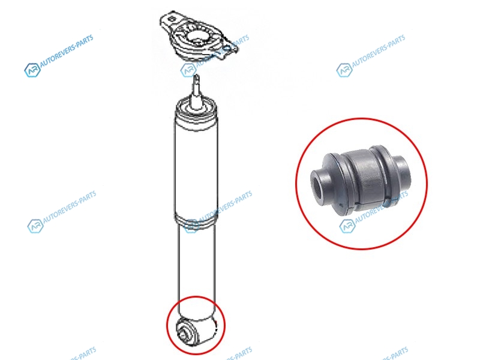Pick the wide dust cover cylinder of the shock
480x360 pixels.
click(196, 169)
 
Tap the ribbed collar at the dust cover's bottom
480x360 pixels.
click(196, 220)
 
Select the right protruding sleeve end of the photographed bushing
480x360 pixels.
click(403, 172)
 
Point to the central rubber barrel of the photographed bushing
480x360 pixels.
click(365, 179)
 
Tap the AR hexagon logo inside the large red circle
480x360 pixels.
click(348, 226)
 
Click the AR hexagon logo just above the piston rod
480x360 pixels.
click(188, 70)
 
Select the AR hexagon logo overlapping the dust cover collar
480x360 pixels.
click(191, 226)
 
